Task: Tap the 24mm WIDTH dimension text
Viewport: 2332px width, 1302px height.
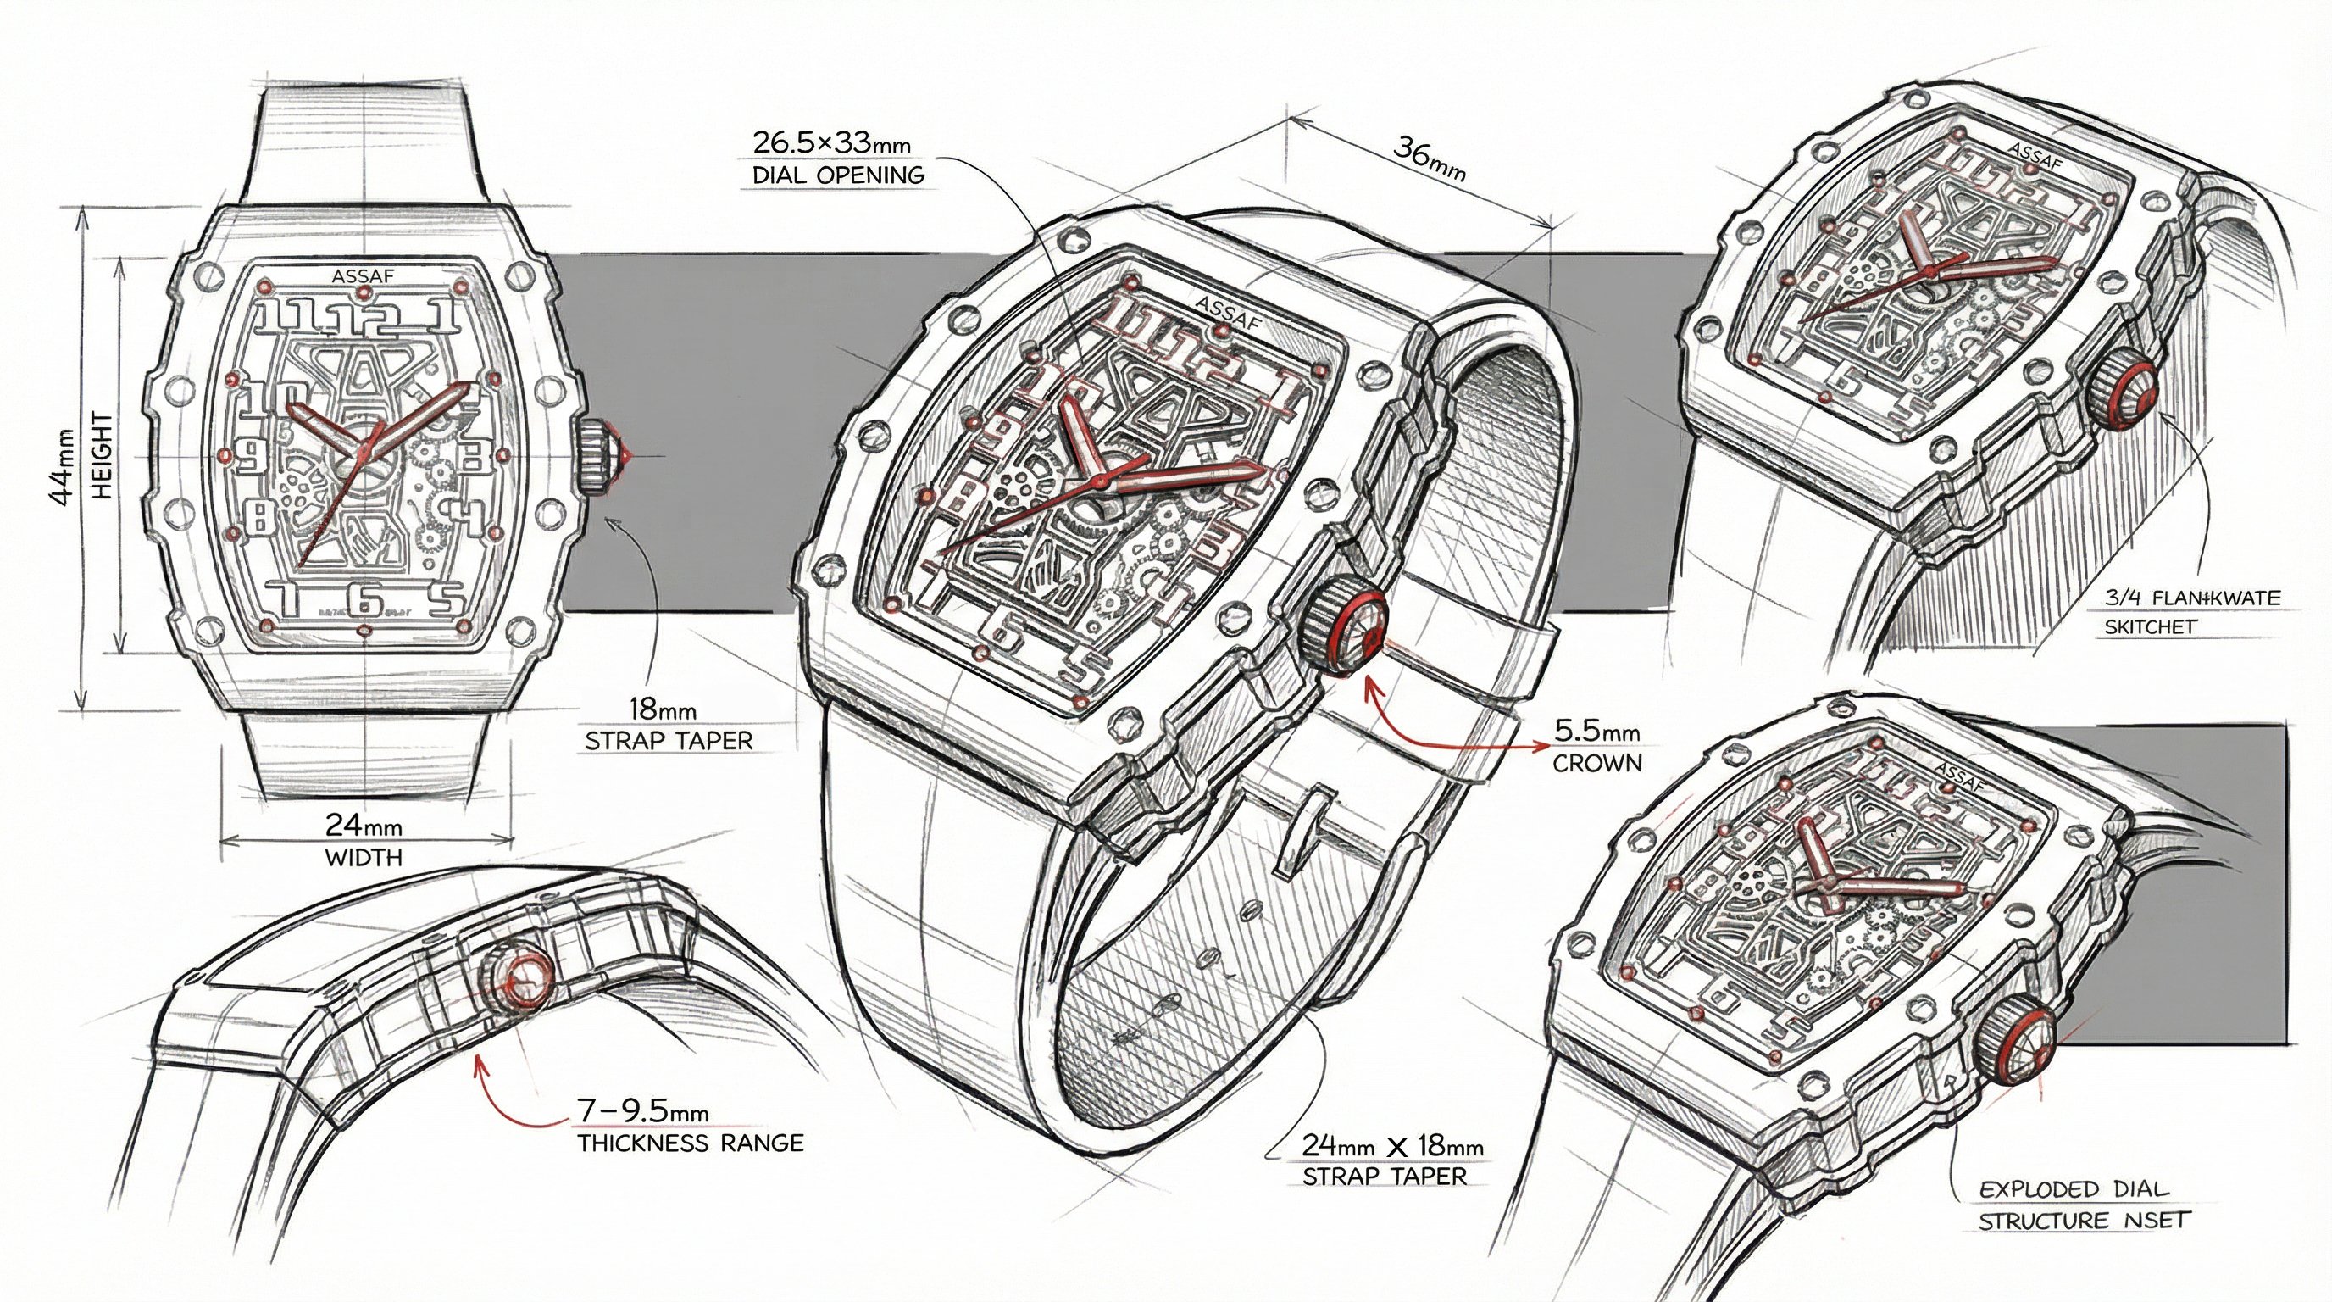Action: [364, 839]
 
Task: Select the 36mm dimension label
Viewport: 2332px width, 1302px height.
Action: [1429, 158]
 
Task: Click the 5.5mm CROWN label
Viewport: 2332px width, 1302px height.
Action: [1597, 746]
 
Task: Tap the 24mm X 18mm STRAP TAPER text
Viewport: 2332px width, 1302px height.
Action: [1392, 1160]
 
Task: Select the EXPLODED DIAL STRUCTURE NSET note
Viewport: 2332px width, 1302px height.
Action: [2082, 1205]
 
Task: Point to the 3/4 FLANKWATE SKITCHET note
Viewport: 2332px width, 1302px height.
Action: [2190, 611]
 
